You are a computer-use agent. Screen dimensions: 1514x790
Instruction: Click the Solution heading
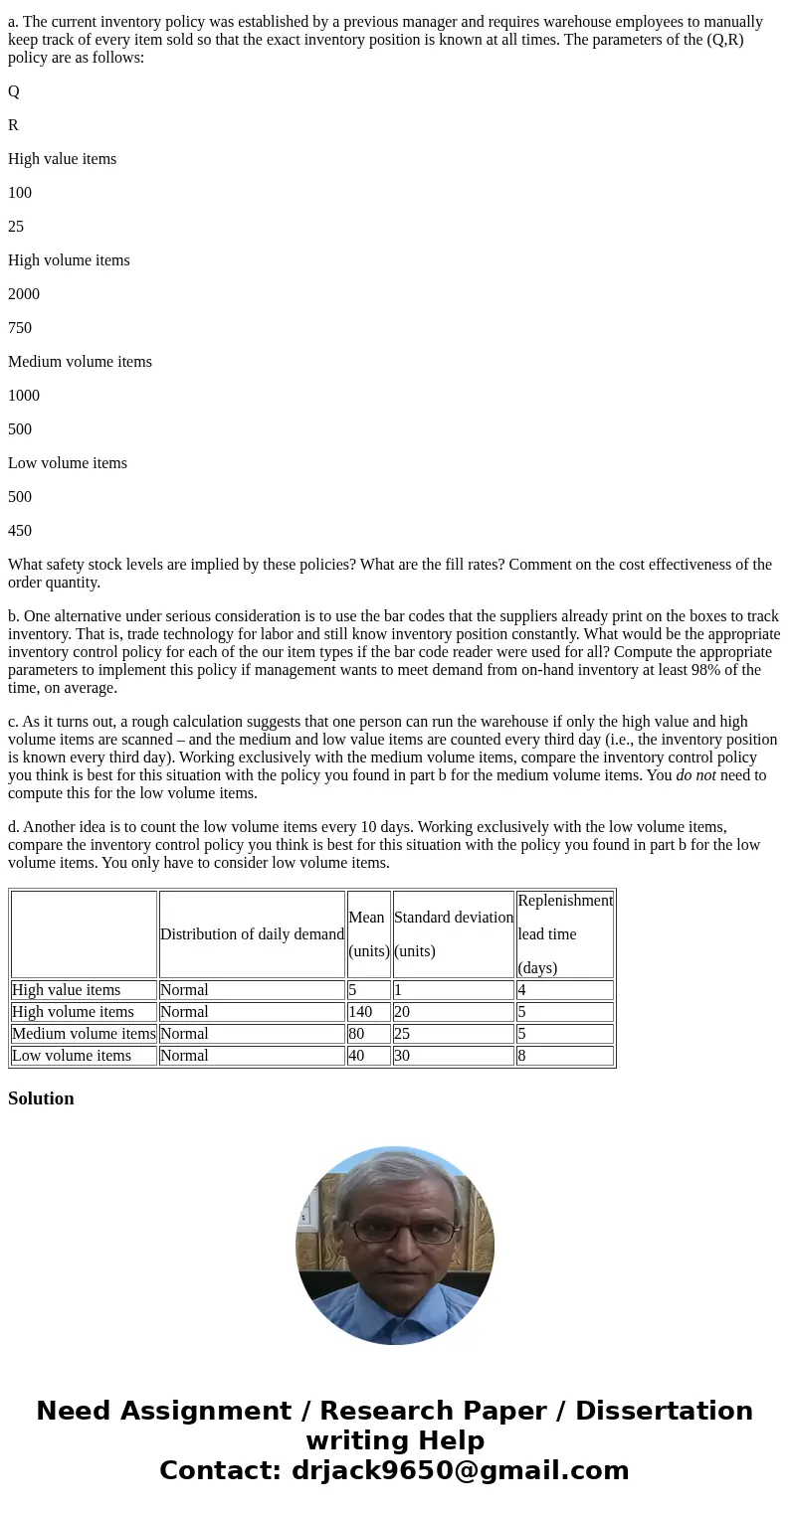coord(41,1098)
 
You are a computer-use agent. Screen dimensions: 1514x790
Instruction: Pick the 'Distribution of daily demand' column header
coord(252,934)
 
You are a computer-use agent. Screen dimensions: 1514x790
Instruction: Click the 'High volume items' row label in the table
coord(73,1012)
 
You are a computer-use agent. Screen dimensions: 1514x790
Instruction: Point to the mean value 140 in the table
coord(360,1012)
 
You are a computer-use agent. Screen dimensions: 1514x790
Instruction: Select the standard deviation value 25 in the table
coord(402,1034)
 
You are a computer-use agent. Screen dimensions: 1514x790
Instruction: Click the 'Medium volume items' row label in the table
coord(84,1034)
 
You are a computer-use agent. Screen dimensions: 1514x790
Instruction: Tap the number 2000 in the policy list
coord(24,294)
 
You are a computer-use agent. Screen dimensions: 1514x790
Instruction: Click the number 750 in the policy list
coord(20,328)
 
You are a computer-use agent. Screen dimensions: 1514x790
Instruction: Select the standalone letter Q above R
coord(14,91)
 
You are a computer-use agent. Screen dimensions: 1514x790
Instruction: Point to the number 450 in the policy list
coord(20,531)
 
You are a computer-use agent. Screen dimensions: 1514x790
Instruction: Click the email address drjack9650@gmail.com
coord(460,1470)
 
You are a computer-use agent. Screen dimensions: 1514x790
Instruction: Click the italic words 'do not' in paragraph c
coord(695,775)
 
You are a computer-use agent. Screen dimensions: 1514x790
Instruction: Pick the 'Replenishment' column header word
coord(565,901)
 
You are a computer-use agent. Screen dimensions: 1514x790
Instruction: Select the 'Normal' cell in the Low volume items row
coord(184,1056)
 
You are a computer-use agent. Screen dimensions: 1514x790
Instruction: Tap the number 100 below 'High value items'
coord(20,193)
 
